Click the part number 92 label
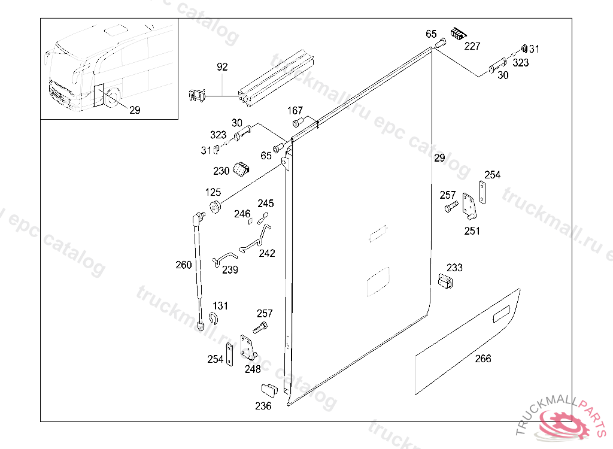pyautogui.click(x=222, y=67)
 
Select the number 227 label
pyautogui.click(x=472, y=46)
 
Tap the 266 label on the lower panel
pyautogui.click(x=483, y=358)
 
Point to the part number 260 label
pyautogui.click(x=183, y=265)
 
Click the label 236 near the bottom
pyautogui.click(x=263, y=406)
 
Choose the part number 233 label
pyautogui.click(x=454, y=268)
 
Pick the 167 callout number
pyautogui.click(x=295, y=111)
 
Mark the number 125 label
pyautogui.click(x=213, y=192)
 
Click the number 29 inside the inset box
pyautogui.click(x=135, y=110)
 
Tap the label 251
pyautogui.click(x=472, y=230)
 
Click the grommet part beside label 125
pyautogui.click(x=215, y=206)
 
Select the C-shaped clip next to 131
pyautogui.click(x=214, y=318)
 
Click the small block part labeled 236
pyautogui.click(x=269, y=390)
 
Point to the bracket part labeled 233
pyautogui.click(x=445, y=281)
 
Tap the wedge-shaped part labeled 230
pyautogui.click(x=241, y=169)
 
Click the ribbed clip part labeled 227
pyautogui.click(x=458, y=34)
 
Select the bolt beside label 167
pyautogui.click(x=298, y=122)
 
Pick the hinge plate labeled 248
pyautogui.click(x=248, y=347)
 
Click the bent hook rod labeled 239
pyautogui.click(x=224, y=259)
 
